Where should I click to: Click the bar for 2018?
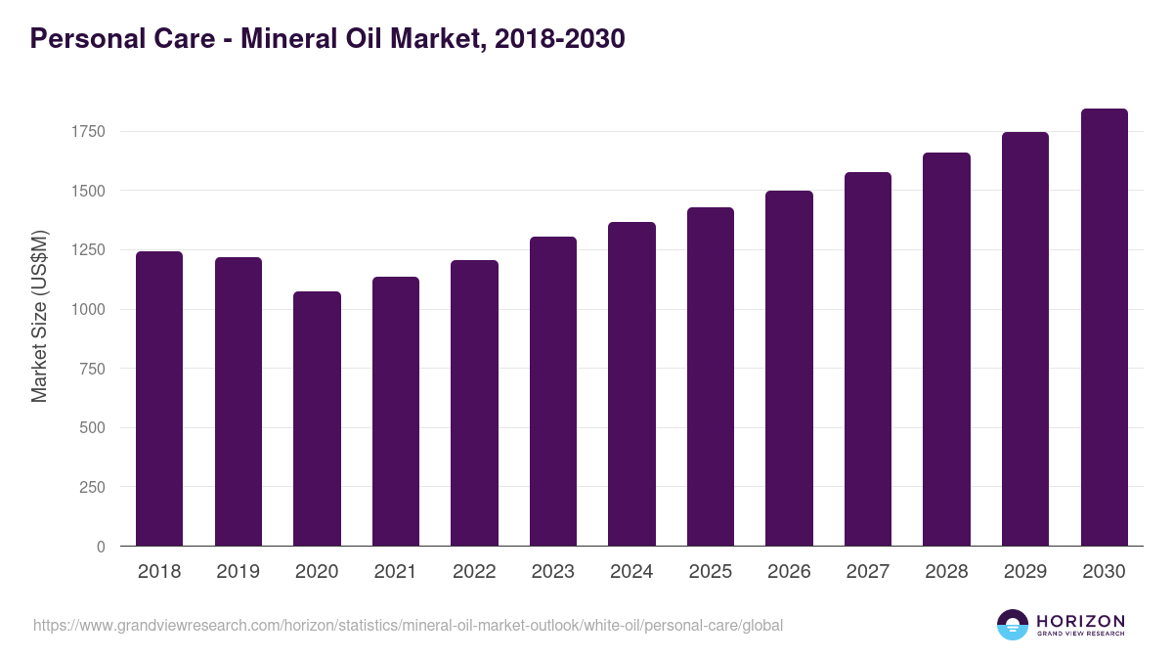tap(159, 399)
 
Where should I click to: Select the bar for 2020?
tap(317, 418)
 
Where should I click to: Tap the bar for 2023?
tap(552, 391)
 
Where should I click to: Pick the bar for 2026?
tap(789, 369)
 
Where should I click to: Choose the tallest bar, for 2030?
tap(1104, 328)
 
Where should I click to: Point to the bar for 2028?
tap(946, 349)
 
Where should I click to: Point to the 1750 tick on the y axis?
tap(88, 131)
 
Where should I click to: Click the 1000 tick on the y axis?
tap(88, 309)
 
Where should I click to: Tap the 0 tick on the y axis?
tap(101, 547)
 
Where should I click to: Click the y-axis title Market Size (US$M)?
tap(39, 317)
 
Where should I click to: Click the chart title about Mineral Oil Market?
tap(327, 39)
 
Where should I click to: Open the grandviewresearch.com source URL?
tap(408, 625)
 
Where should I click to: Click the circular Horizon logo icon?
tap(1013, 625)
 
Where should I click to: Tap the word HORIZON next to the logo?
tap(1080, 620)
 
